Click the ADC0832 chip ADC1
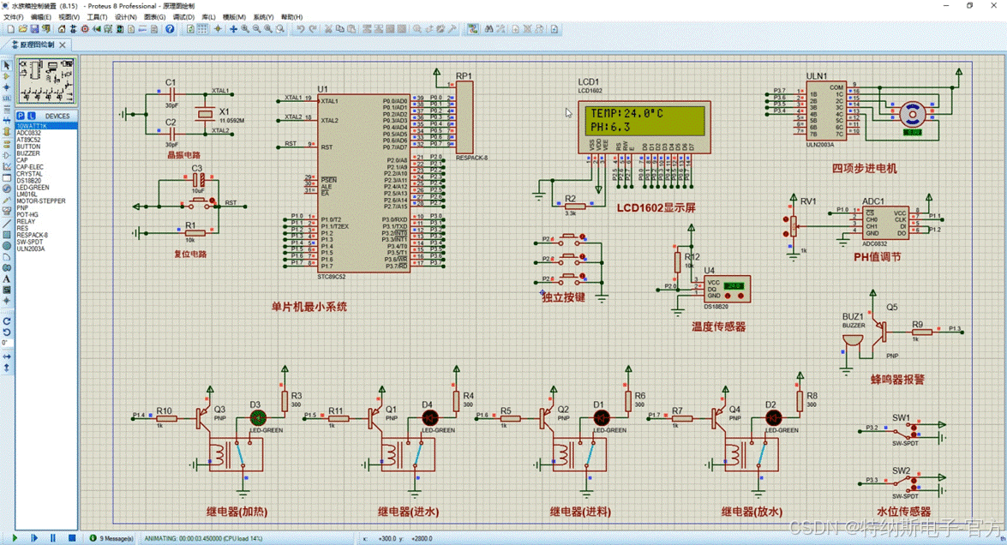coord(884,223)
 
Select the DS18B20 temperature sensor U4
coord(726,289)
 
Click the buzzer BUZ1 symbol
coord(852,342)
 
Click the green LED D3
coord(257,417)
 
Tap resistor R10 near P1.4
coord(165,418)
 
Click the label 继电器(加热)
coord(237,512)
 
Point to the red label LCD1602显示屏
coord(656,207)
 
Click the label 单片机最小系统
coord(309,306)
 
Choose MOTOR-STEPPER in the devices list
coord(40,201)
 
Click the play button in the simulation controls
coord(15,538)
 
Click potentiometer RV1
coord(793,225)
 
